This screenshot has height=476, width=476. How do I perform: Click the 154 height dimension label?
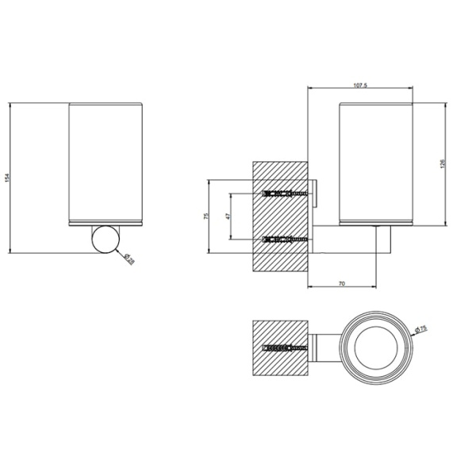coord(7,179)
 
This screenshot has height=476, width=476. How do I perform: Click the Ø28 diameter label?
coord(129,258)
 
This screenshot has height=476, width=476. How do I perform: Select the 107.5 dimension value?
coord(359,85)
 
